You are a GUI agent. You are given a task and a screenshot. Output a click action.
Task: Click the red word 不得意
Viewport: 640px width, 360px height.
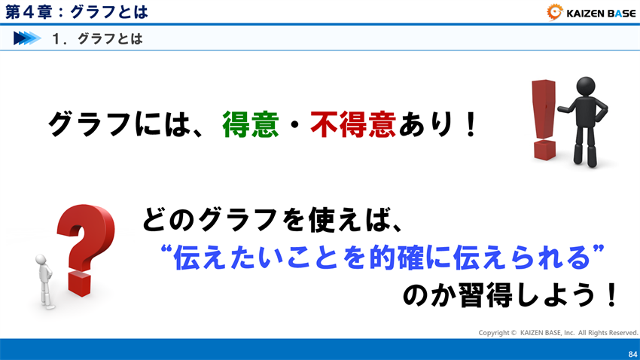point(353,124)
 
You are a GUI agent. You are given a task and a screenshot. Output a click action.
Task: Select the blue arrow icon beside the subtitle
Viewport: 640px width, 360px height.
point(27,38)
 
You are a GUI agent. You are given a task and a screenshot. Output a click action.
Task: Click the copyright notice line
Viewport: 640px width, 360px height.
point(558,332)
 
